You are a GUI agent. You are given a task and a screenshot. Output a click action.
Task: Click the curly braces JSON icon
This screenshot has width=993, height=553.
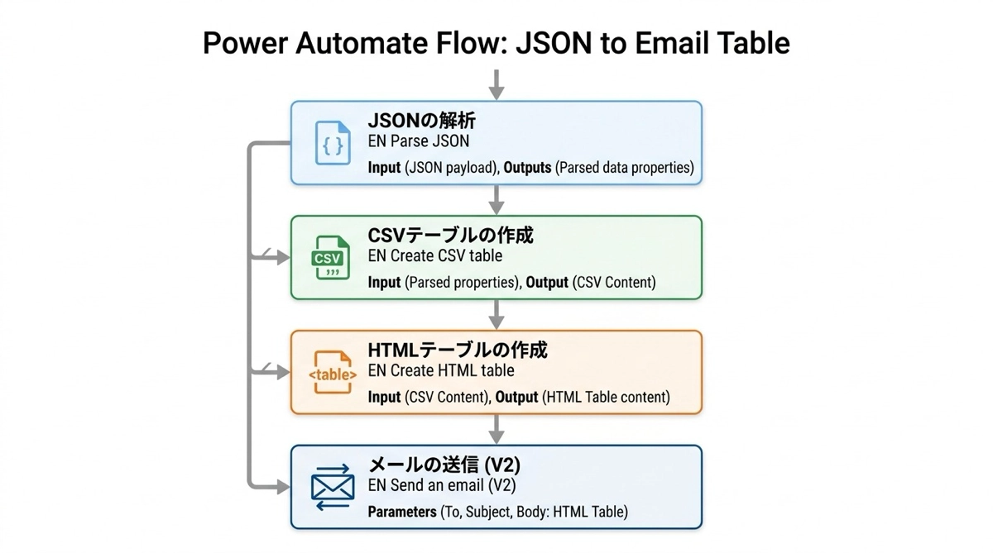click(x=333, y=143)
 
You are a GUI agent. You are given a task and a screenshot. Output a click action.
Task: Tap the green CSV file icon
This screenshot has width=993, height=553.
click(x=328, y=258)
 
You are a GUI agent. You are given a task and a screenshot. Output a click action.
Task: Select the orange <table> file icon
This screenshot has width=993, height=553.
click(x=333, y=373)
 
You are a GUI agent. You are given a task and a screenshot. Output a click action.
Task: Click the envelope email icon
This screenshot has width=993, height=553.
click(x=333, y=487)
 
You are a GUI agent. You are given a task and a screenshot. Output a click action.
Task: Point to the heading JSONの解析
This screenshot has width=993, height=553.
click(x=422, y=122)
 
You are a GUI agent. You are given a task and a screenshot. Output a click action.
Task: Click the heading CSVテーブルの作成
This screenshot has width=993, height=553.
click(x=450, y=236)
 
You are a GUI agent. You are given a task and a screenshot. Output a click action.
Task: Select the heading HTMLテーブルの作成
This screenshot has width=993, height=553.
click(x=458, y=350)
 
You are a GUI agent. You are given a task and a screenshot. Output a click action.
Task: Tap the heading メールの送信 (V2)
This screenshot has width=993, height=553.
click(x=444, y=465)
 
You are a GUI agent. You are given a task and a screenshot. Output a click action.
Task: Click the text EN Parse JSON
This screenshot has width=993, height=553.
click(x=418, y=141)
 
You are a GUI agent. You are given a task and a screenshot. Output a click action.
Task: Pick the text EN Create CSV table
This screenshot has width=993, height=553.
click(x=434, y=256)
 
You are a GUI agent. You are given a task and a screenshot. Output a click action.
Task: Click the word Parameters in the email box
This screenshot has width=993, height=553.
click(x=401, y=512)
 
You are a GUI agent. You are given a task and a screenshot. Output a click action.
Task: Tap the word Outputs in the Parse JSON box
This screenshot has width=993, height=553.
click(x=528, y=168)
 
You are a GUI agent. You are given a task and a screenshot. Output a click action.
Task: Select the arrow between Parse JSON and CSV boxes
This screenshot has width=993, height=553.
click(x=496, y=200)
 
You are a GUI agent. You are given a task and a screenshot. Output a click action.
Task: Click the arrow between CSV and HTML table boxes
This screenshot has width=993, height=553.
click(x=496, y=315)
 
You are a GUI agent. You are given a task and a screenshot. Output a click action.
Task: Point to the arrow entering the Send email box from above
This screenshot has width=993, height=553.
click(x=496, y=429)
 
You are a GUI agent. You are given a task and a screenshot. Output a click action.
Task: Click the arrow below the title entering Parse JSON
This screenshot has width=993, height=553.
click(x=496, y=84)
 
